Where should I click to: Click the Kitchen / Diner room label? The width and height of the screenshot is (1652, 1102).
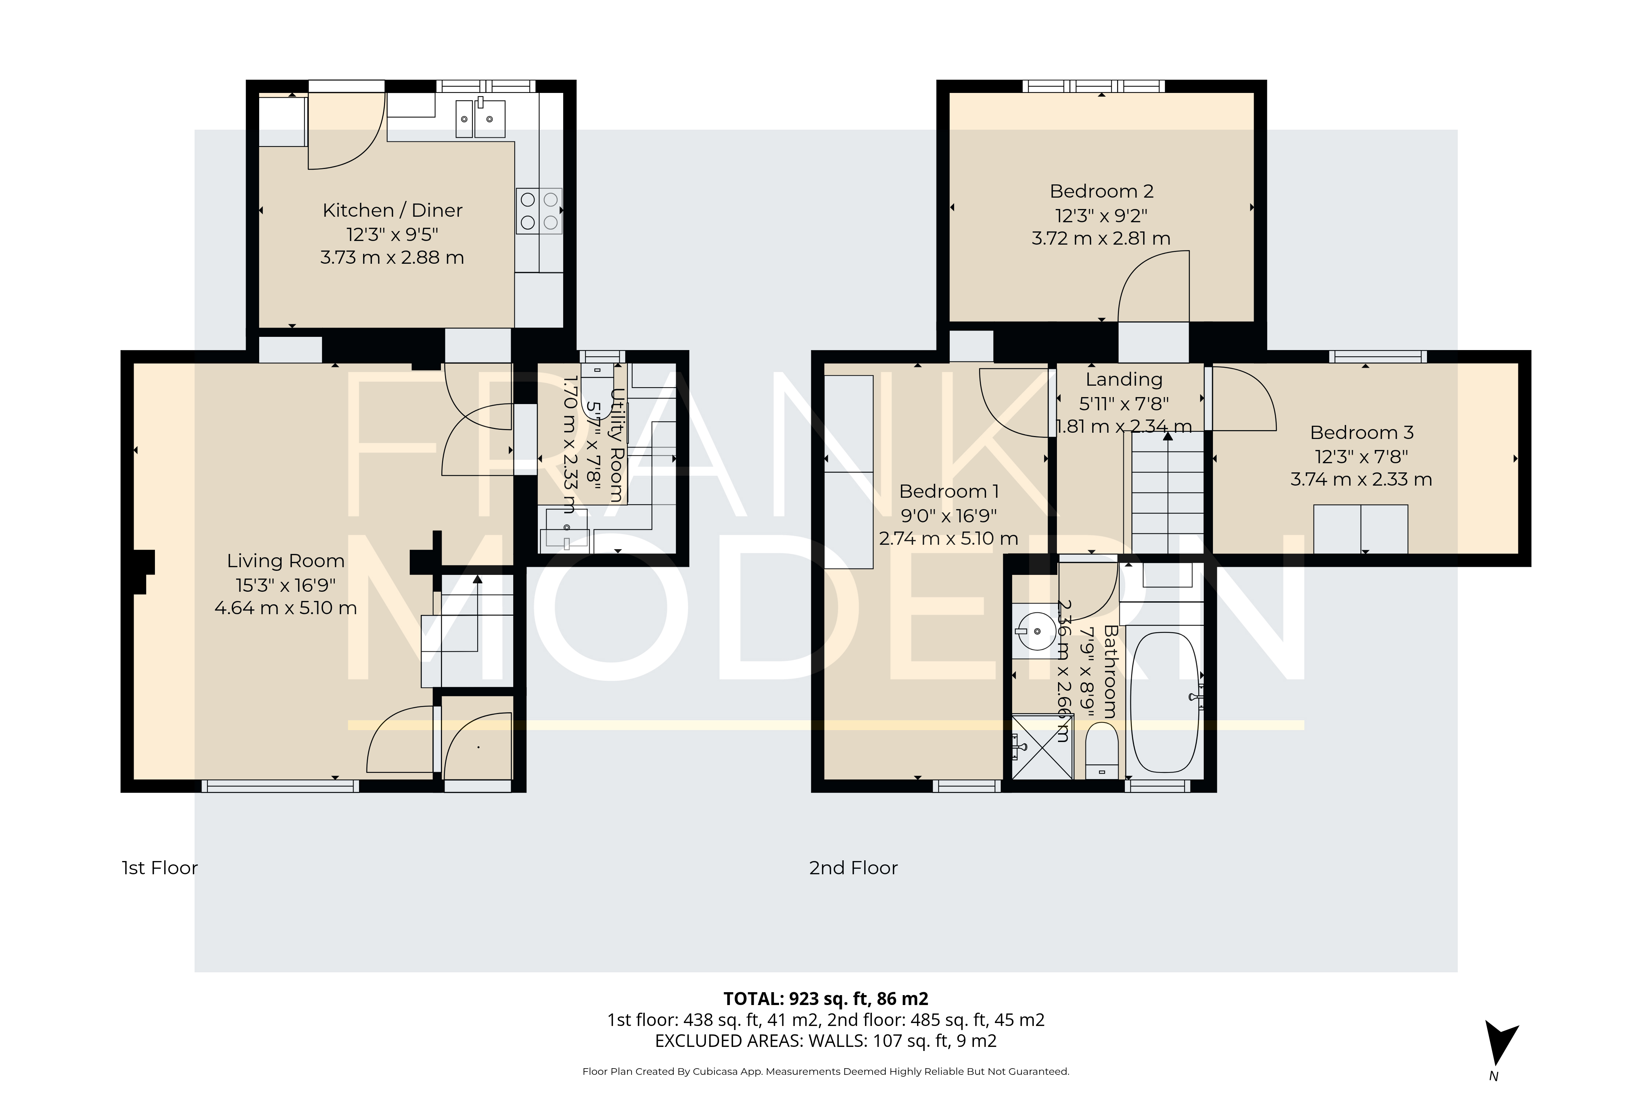coord(392,210)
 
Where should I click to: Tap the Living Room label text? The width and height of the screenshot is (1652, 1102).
coord(285,561)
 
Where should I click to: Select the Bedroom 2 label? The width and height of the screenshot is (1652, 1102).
coord(1101,191)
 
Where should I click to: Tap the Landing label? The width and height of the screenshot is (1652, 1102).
coord(1124,379)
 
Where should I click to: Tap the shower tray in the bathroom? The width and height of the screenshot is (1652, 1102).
coord(1042,747)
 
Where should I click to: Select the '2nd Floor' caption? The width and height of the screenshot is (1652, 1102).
coord(854,868)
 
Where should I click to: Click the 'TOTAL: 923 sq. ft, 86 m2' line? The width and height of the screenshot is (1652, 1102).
coord(826,999)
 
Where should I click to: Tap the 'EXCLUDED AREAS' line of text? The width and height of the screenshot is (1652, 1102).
coord(826,1041)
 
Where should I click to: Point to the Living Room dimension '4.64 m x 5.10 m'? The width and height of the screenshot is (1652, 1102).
coord(285,608)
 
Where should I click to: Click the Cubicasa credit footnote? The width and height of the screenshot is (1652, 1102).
coord(826,1072)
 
